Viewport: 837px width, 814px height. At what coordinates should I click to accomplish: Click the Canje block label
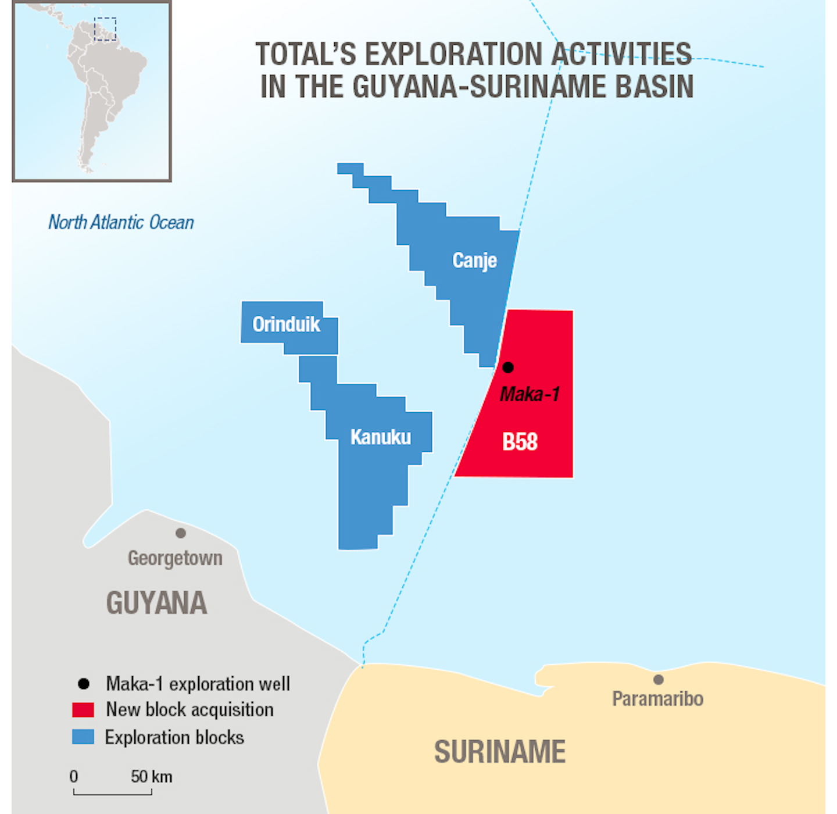pos(474,260)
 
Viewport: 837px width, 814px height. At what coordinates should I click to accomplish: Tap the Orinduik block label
pos(286,324)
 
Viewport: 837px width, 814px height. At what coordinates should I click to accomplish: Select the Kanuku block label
pos(381,437)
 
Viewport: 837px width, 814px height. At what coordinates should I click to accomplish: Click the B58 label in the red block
pos(520,442)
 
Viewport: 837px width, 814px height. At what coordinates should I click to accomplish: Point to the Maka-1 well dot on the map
pos(508,367)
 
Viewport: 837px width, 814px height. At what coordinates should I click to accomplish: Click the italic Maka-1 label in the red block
pos(530,394)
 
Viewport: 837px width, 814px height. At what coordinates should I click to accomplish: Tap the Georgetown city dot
pos(181,533)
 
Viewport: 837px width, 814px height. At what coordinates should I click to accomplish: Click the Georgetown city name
pos(175,558)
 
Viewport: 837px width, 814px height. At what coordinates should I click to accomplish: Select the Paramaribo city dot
pos(659,680)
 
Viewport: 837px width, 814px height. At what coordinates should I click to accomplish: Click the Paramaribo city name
pos(657,699)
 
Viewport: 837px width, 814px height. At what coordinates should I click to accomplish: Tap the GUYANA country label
pos(156,603)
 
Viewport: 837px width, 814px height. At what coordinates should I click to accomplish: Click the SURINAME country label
pos(500,752)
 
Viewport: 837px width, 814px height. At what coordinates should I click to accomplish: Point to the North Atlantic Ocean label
pos(121,222)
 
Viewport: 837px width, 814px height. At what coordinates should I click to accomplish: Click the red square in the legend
pos(83,710)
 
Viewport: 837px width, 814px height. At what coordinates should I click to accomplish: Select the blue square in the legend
pos(83,737)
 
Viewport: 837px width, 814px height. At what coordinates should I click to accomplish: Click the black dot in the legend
pos(84,684)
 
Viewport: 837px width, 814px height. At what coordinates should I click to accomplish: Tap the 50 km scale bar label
pos(151,777)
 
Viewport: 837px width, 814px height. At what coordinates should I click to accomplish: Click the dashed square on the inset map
pos(105,29)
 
